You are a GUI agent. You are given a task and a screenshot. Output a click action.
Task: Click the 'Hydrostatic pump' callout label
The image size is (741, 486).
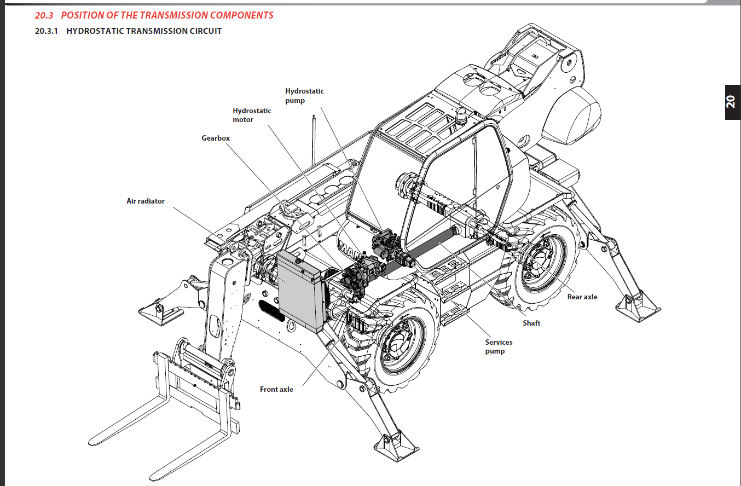(304, 96)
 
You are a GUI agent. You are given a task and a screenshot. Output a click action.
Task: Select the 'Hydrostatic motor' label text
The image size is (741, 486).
(252, 115)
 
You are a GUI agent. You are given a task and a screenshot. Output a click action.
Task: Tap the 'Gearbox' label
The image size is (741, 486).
(216, 138)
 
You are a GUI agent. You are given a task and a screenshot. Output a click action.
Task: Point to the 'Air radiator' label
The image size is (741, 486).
(146, 201)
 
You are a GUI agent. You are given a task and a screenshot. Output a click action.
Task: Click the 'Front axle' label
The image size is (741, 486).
(276, 390)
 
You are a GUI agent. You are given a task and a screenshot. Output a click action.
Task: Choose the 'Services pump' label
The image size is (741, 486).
(499, 346)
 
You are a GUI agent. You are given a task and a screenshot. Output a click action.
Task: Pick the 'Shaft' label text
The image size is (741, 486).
(531, 323)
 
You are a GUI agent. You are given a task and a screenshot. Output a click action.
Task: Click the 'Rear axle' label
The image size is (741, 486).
(582, 297)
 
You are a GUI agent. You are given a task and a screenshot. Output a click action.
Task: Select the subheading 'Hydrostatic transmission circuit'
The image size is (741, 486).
(144, 31)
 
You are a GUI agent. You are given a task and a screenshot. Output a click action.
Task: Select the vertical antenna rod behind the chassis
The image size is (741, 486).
(314, 140)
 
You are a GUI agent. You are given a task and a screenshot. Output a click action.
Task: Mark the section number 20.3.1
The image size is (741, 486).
(47, 31)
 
